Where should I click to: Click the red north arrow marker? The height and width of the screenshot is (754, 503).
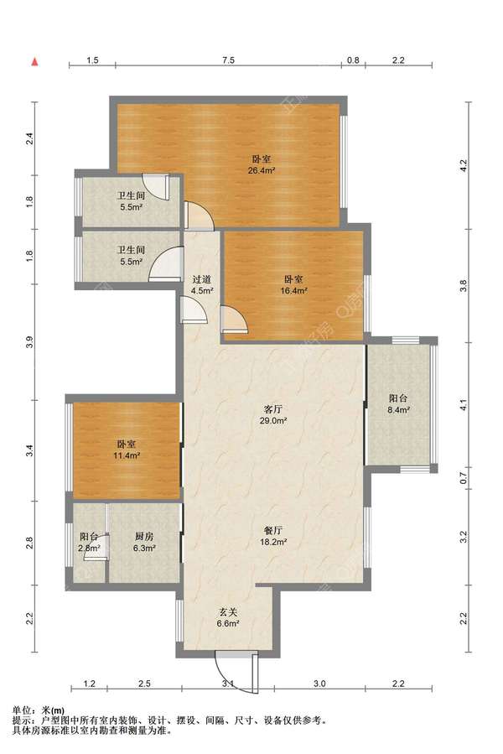34,61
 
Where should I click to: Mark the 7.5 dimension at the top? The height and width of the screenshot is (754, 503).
228,60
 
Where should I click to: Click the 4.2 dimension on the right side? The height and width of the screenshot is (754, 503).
464,166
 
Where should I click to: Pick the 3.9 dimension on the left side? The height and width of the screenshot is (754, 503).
30,343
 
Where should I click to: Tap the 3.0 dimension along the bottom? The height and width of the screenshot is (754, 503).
319,684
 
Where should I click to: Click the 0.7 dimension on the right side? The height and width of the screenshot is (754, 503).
464,478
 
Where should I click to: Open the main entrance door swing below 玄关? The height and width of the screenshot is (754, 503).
236,673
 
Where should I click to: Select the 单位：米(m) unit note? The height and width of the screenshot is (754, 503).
39,710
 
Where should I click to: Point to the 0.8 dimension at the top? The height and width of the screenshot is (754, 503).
353,60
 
